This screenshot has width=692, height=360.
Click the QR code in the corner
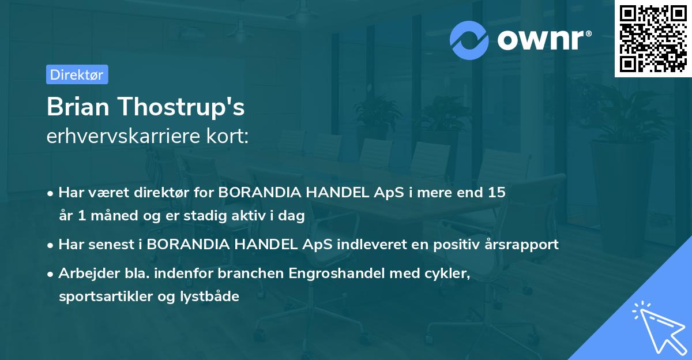point(653,39)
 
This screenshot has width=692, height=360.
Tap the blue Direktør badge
point(77,74)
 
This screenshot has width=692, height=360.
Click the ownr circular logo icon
point(469,40)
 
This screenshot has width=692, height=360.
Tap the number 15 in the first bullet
point(497,193)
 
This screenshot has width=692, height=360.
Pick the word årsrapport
point(524,245)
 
